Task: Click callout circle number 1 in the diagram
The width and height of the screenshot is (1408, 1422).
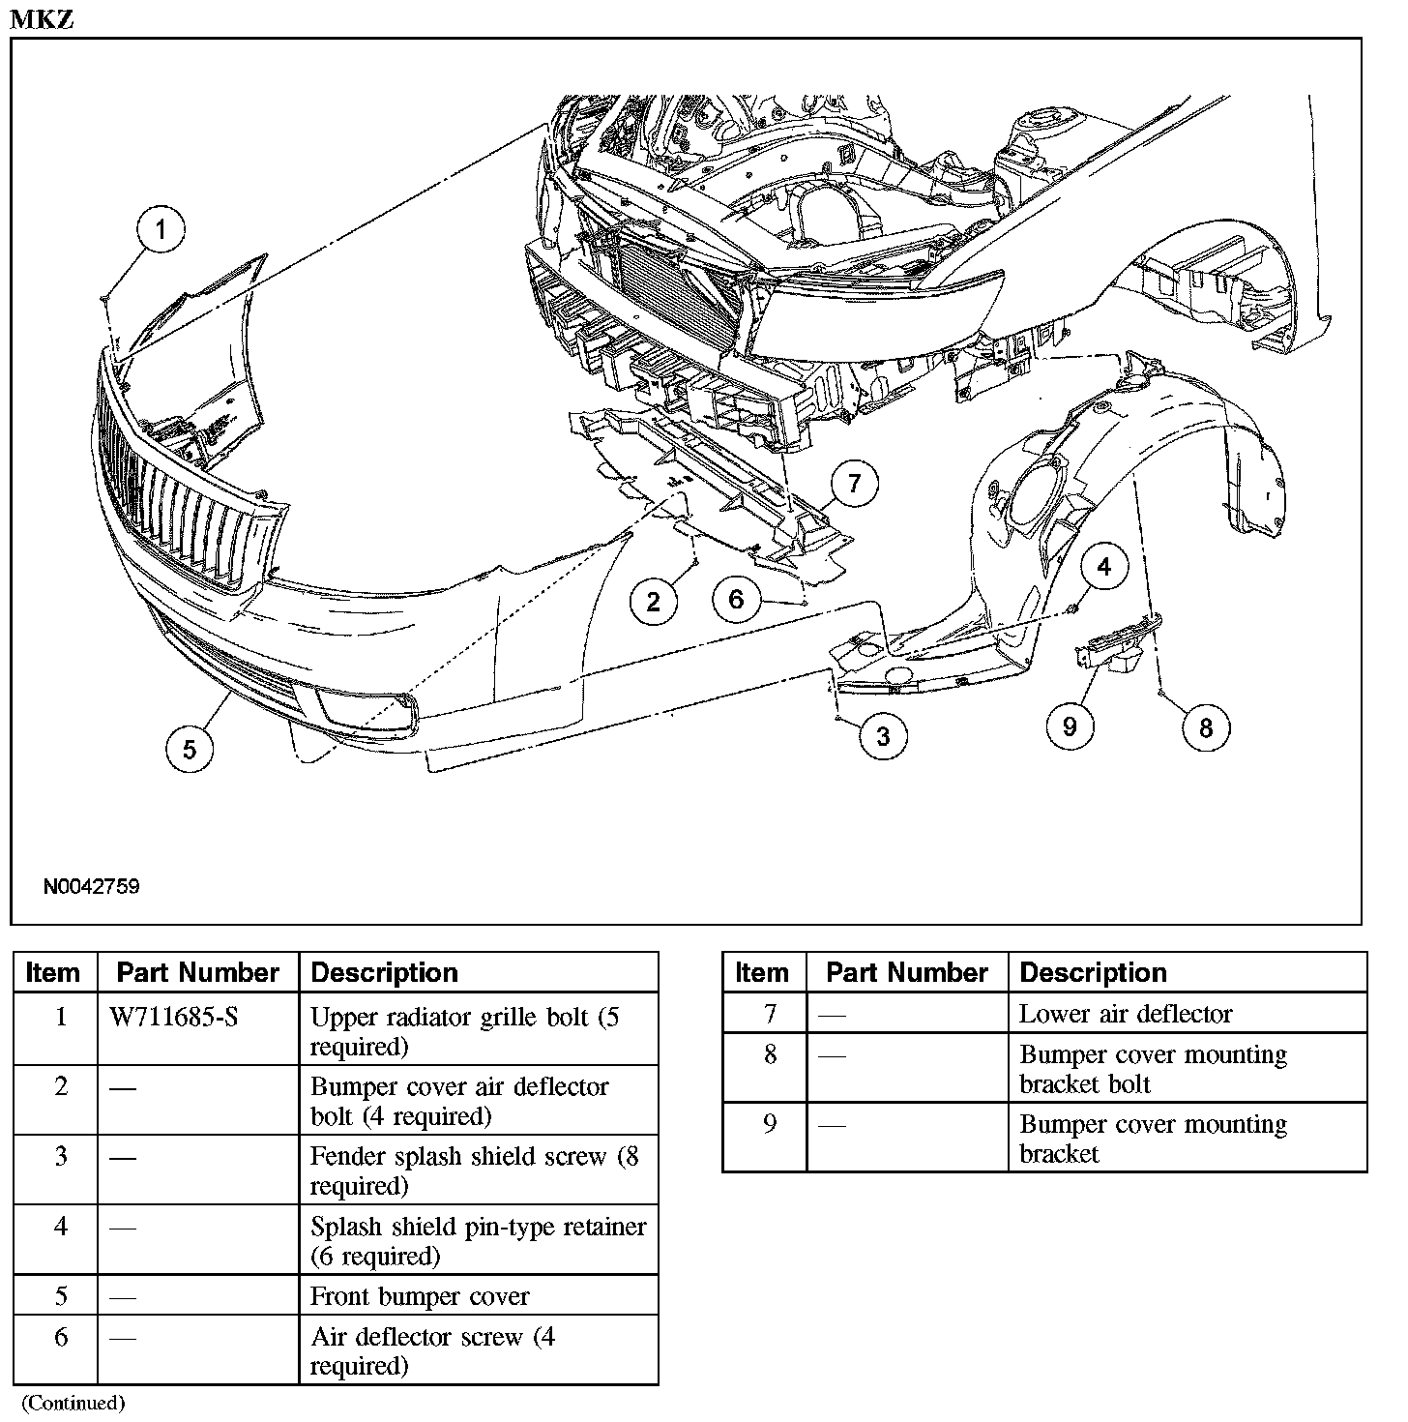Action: tap(161, 230)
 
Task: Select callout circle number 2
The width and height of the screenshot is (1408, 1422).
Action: tap(653, 602)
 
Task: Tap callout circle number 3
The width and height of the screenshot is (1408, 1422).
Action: tap(883, 736)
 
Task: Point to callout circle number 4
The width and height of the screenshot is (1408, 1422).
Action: tap(1104, 568)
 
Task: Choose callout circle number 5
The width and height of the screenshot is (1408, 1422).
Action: tap(189, 749)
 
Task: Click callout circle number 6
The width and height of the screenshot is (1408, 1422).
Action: tap(736, 600)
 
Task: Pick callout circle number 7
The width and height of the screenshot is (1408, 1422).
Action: tap(854, 483)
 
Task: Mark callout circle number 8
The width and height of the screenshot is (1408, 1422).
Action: tap(1205, 727)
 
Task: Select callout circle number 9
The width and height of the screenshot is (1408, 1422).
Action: tap(1070, 726)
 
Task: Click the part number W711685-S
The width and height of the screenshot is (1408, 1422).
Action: tap(174, 1017)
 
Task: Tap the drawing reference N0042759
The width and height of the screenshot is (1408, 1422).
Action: tap(91, 886)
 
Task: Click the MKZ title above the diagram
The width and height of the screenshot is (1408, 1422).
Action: tap(42, 19)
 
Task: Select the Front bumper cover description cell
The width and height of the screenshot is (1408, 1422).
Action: tap(420, 1296)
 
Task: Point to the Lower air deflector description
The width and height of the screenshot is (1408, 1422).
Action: tap(1126, 1014)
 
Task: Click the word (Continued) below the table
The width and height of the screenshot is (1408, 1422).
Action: tap(73, 1403)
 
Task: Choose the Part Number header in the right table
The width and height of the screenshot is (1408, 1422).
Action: tap(906, 972)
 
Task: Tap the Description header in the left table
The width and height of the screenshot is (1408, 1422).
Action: tap(384, 972)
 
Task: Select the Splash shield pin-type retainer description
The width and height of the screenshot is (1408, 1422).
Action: tap(478, 1240)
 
